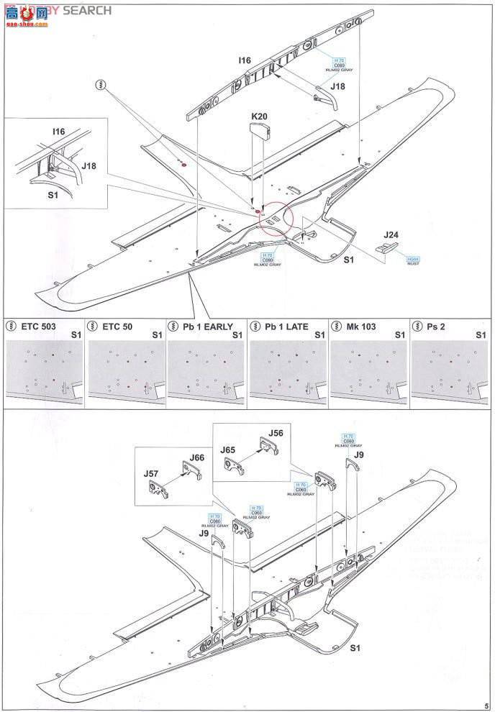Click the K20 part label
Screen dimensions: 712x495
tap(259, 116)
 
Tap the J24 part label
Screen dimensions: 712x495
tap(391, 234)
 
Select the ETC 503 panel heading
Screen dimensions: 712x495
tap(38, 327)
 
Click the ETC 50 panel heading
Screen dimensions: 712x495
tap(117, 327)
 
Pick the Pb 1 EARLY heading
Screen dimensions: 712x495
tap(208, 327)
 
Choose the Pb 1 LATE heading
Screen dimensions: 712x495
tap(286, 327)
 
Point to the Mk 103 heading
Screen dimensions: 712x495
tap(360, 327)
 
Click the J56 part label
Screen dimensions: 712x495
tap(276, 433)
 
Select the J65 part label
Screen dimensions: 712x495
tap(228, 449)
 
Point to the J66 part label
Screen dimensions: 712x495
tap(197, 457)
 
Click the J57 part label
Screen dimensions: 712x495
tap(150, 473)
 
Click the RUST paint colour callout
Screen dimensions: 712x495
tap(412, 261)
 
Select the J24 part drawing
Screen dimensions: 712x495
tap(386, 247)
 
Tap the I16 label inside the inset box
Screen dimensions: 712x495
tap(58, 132)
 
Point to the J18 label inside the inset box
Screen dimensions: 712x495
tap(88, 165)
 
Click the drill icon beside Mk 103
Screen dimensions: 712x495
tap(335, 327)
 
